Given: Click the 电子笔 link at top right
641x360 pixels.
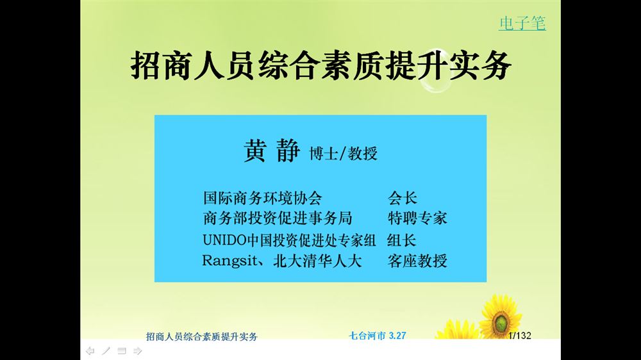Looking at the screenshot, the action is click(522, 23).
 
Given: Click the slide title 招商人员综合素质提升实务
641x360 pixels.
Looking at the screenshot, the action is click(321, 65).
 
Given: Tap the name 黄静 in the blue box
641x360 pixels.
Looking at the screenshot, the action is click(272, 151).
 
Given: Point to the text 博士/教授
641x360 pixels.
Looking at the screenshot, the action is click(343, 154).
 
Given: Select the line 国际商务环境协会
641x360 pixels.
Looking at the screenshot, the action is click(262, 198).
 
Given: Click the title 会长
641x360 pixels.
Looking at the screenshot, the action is click(403, 198).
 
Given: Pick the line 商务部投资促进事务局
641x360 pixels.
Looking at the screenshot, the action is click(278, 218).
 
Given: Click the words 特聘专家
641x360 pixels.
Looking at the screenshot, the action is click(417, 218).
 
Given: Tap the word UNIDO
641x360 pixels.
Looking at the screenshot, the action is click(224, 240).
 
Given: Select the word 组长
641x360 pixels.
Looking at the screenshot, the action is click(401, 240).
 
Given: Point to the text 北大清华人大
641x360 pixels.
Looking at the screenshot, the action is click(317, 261).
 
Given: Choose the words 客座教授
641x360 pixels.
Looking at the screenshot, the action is click(417, 261).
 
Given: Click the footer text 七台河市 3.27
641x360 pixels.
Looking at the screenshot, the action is click(378, 336).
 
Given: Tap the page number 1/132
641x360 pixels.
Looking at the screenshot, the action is click(520, 336).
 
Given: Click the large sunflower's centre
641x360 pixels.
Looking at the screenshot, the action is click(501, 323).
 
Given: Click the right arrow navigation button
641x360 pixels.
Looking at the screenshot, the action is click(137, 350).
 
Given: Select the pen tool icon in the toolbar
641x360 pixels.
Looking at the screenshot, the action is click(106, 350).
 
